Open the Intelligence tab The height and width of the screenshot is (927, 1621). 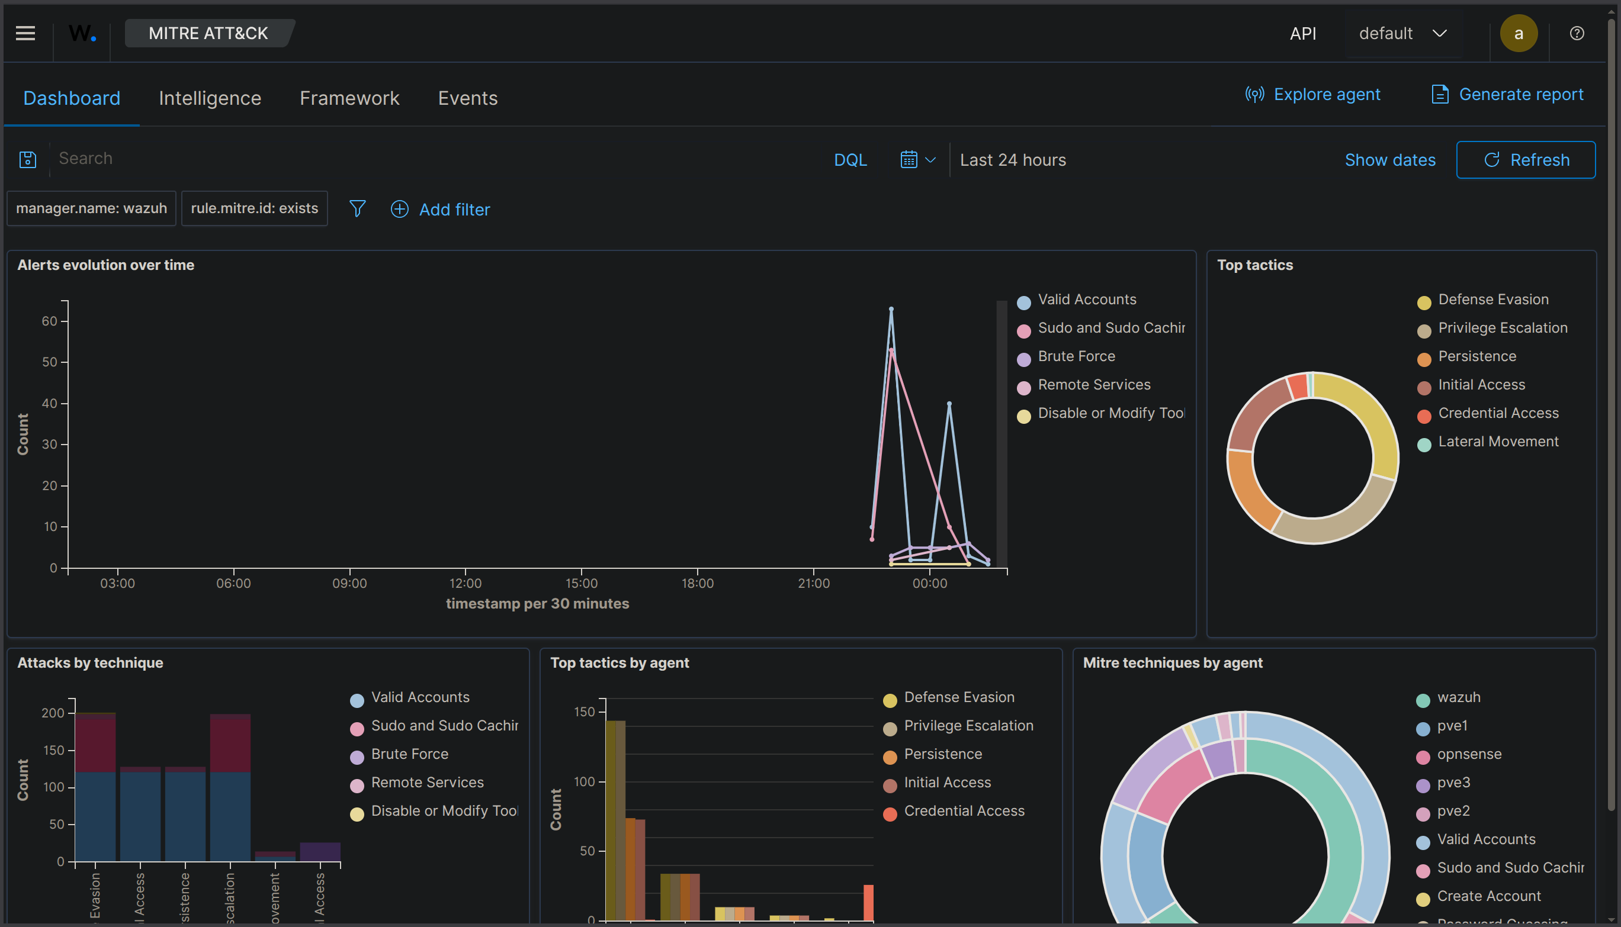pyautogui.click(x=210, y=98)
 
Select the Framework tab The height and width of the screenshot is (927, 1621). pyautogui.click(x=349, y=98)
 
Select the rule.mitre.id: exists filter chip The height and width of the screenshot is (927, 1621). pyautogui.click(x=254, y=208)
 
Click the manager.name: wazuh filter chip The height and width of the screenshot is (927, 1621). pyautogui.click(x=91, y=208)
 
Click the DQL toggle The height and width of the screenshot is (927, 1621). pyautogui.click(x=850, y=160)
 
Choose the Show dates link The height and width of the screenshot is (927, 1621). pyautogui.click(x=1389, y=160)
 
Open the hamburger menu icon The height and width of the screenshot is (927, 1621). pyautogui.click(x=25, y=33)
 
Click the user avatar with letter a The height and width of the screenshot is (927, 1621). pyautogui.click(x=1518, y=33)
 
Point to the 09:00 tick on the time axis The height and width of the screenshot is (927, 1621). pyautogui.click(x=349, y=582)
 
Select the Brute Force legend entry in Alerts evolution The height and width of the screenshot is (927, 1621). pyautogui.click(x=1076, y=356)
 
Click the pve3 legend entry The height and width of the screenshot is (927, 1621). pyautogui.click(x=1453, y=783)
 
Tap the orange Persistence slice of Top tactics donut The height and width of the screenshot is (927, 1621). pyautogui.click(x=1249, y=490)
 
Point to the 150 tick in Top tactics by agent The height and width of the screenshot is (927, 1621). pyautogui.click(x=584, y=712)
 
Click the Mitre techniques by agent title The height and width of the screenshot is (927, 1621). pyautogui.click(x=1172, y=663)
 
